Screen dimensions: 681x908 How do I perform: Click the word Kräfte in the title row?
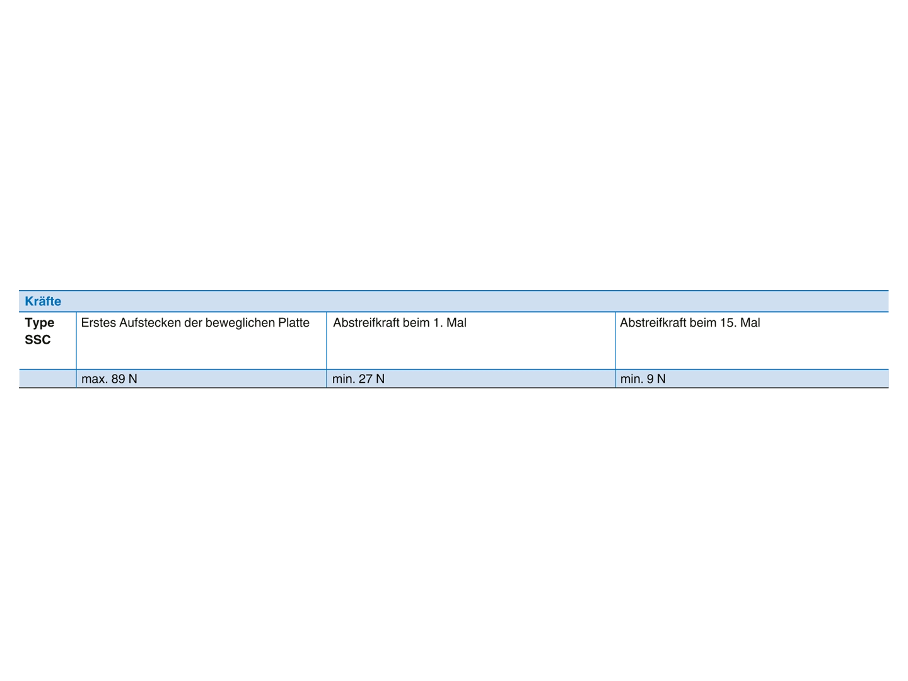[43, 301]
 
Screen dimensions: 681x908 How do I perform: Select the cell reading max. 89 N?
[201, 379]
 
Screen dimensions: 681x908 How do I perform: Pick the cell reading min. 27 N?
[470, 379]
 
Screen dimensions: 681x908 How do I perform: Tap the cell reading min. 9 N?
[752, 379]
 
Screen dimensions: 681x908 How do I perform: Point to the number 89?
[119, 379]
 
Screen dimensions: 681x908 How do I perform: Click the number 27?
[366, 379]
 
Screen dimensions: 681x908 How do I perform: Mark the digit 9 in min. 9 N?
[650, 379]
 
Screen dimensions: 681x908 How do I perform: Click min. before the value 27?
[344, 379]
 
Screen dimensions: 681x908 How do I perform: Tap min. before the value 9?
[632, 379]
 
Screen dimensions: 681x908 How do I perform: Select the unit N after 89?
[132, 379]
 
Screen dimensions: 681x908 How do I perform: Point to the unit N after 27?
[380, 379]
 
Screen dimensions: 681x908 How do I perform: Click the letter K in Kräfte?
[29, 301]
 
